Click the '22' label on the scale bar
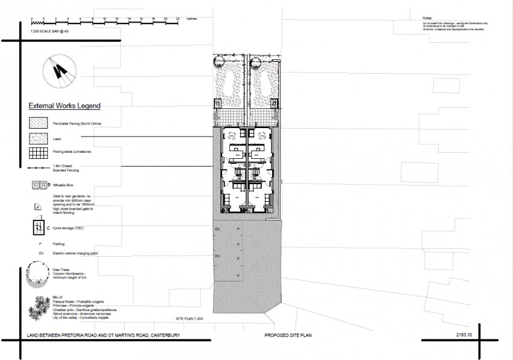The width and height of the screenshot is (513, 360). click(x=178, y=19)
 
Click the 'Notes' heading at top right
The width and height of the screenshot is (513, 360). click(x=427, y=19)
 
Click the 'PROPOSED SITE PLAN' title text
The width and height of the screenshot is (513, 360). click(x=286, y=335)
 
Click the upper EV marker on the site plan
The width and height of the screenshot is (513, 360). click(x=218, y=230)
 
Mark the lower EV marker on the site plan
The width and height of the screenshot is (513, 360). click(x=218, y=256)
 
